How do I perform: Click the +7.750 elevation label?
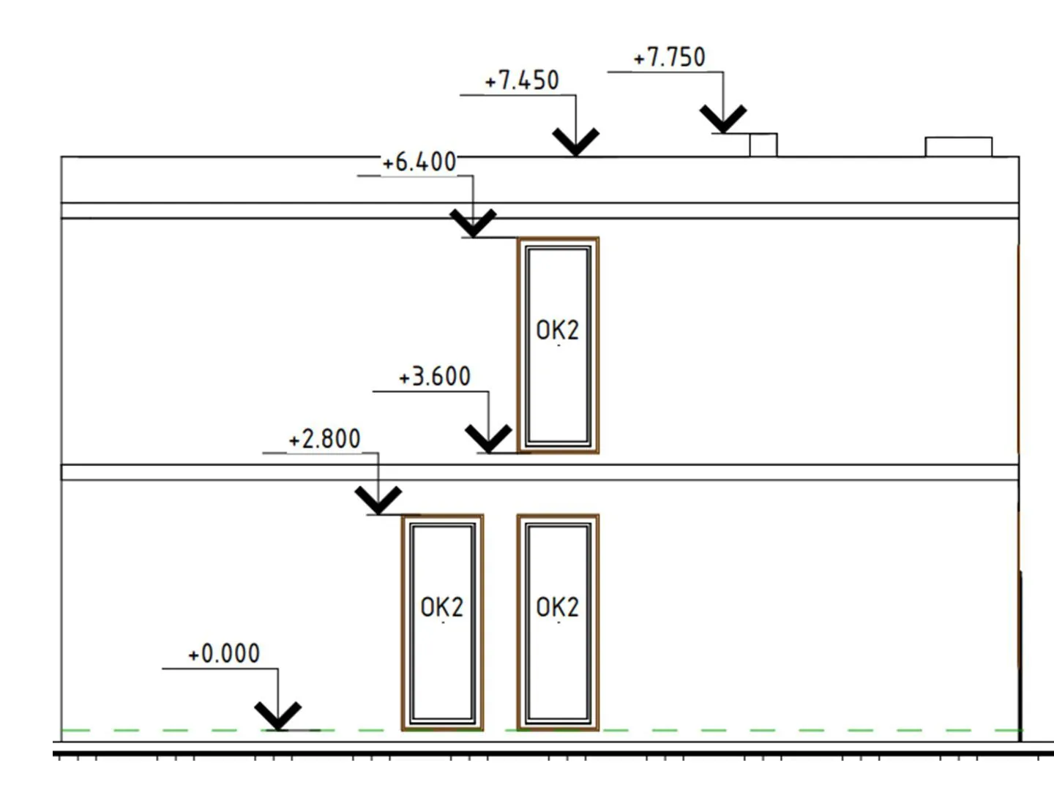point(669,57)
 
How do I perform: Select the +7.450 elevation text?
point(522,80)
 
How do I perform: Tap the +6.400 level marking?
point(419,162)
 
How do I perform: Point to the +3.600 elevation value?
point(435,377)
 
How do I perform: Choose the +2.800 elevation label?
point(324,439)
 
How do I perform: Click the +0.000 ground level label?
point(224,653)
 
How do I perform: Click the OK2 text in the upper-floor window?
point(558,331)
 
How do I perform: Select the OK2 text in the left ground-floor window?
point(442,607)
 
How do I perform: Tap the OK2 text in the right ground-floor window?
point(558,607)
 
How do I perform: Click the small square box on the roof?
point(763,145)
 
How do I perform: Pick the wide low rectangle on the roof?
point(959,147)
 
